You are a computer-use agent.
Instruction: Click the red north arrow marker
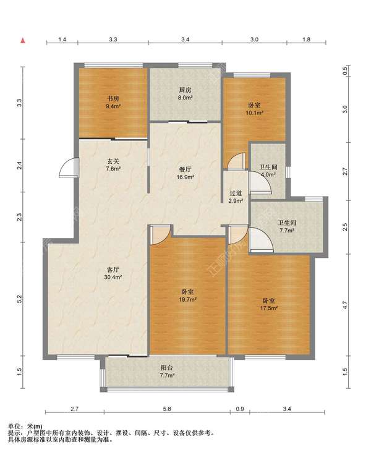click(x=23, y=41)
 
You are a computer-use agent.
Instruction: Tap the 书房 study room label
click(x=113, y=99)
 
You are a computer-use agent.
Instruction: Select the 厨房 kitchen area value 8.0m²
click(x=185, y=98)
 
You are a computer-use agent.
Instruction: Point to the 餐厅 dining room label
click(x=185, y=169)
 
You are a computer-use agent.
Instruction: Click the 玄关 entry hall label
click(x=113, y=161)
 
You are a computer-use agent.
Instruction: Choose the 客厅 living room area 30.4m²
click(x=113, y=277)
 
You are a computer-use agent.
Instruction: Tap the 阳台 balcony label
click(x=167, y=368)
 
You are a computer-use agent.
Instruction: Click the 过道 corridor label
click(x=236, y=193)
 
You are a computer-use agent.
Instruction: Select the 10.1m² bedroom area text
click(x=254, y=113)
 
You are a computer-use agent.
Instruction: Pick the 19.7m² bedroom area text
click(x=187, y=299)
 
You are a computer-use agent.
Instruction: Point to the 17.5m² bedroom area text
click(x=269, y=308)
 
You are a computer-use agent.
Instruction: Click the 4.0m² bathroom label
click(x=268, y=175)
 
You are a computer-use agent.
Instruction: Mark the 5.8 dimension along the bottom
click(x=167, y=409)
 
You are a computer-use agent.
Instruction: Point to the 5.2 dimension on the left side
click(x=19, y=299)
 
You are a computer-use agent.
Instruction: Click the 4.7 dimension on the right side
click(x=344, y=305)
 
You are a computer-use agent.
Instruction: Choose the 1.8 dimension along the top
click(x=306, y=40)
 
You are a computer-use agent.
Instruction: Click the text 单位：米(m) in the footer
click(x=25, y=427)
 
